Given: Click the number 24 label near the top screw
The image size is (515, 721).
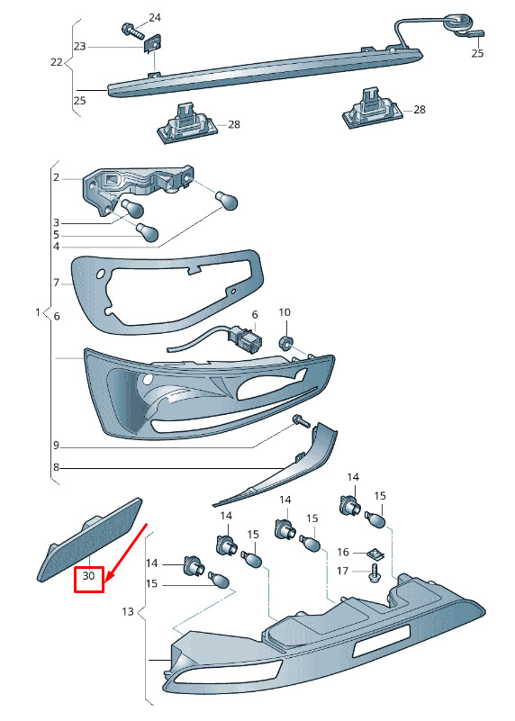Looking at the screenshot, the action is (x=155, y=18).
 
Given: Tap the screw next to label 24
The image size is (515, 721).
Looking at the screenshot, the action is (x=133, y=31).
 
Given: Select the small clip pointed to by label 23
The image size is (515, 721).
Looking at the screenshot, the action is (x=154, y=45).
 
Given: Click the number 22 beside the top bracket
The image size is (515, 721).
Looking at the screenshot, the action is (x=56, y=61).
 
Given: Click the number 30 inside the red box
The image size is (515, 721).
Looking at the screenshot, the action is (x=88, y=575).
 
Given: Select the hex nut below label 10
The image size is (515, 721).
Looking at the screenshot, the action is (x=285, y=343).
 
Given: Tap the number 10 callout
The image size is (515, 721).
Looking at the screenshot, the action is (x=285, y=312).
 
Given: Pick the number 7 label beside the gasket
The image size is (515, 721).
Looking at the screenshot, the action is (x=56, y=283).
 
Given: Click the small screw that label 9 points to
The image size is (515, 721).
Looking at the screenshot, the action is (x=303, y=420).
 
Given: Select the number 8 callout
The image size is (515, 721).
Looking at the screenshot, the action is (x=56, y=468).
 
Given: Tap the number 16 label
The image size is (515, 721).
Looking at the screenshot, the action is (x=343, y=552).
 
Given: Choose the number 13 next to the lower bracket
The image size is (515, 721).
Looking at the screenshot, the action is (x=128, y=611).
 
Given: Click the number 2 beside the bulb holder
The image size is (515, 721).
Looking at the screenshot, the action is (x=56, y=177).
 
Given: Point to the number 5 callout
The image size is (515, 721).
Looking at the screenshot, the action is (x=56, y=235).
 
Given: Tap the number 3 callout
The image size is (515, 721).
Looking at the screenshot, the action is (x=56, y=223).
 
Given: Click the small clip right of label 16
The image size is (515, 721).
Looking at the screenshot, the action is (x=375, y=555).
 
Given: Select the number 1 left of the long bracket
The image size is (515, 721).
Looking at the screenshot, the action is (x=38, y=312).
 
